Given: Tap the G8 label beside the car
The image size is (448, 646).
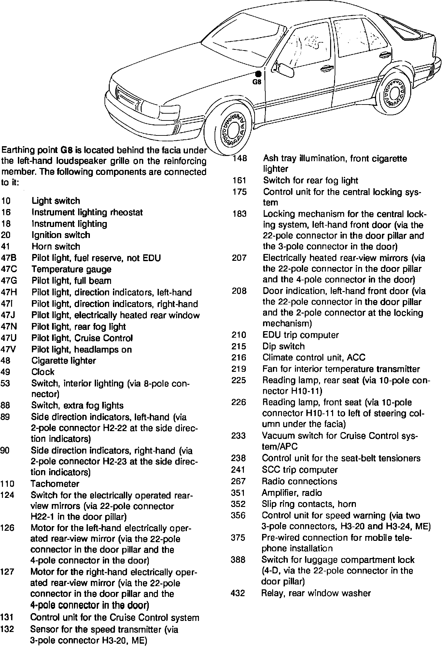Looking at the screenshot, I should pyautogui.click(x=257, y=82).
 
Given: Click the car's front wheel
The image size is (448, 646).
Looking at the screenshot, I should pyautogui.click(x=233, y=130).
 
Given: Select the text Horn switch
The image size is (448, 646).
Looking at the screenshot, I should pyautogui.click(x=56, y=246).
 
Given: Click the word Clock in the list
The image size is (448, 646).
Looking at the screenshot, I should pyautogui.click(x=43, y=372).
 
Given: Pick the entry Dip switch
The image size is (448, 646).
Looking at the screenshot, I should pyautogui.click(x=283, y=346).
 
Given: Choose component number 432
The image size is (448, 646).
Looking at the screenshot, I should pyautogui.click(x=238, y=593).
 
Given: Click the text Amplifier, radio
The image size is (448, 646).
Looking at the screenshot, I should pyautogui.click(x=292, y=493).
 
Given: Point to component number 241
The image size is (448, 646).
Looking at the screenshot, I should pyautogui.click(x=238, y=470).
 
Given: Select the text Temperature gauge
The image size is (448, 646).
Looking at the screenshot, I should pyautogui.click(x=71, y=269).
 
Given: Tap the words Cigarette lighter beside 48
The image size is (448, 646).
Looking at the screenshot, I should pyautogui.click(x=63, y=360).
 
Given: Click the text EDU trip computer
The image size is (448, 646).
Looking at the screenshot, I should pyautogui.click(x=301, y=335).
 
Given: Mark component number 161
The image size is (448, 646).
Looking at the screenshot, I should pyautogui.click(x=239, y=180).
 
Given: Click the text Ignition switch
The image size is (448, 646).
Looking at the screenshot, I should pyautogui.click(x=61, y=235).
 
